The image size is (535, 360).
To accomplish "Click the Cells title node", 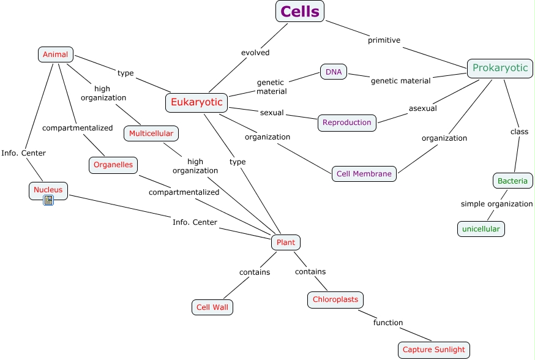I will coord(299,11).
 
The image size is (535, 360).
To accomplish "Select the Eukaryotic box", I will coord(196,102).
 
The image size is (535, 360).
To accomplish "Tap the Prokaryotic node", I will coord(499,68).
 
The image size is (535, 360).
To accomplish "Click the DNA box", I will coord(334,72).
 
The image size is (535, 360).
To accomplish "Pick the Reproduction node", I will coord(346,122).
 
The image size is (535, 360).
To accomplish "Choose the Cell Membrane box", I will coord(364,174).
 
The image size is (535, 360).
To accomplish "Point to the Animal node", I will coord(56,54).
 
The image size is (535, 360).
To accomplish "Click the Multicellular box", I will coord(151,133).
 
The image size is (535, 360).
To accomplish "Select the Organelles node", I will coord(113,165).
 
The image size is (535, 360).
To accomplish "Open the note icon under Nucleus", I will coord(48,200).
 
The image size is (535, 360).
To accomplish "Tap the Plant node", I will coord(285,242).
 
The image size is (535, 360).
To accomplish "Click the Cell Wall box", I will coord(212,307).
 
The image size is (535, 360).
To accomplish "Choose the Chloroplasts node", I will coord(335,299).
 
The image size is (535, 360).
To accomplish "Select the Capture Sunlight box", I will coord(433,350).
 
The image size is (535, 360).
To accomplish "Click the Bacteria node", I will coord(512,181).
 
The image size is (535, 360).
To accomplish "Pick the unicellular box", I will coord(481,229).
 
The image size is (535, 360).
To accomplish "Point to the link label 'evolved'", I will coord(255,53).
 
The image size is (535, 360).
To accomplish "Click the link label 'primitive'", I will coord(384,40).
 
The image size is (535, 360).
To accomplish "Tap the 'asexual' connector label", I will coord(422,108).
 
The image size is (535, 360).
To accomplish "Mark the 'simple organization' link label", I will coord(496,204).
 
